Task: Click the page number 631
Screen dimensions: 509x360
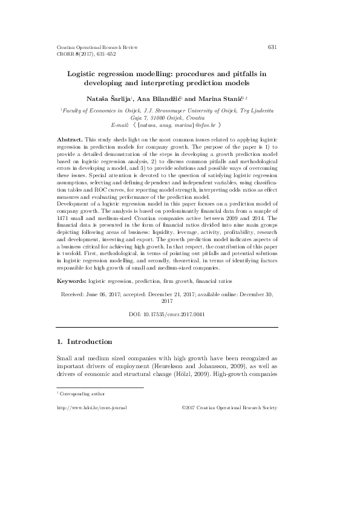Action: coord(272,47)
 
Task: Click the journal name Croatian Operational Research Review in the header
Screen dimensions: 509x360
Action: coord(97,47)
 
